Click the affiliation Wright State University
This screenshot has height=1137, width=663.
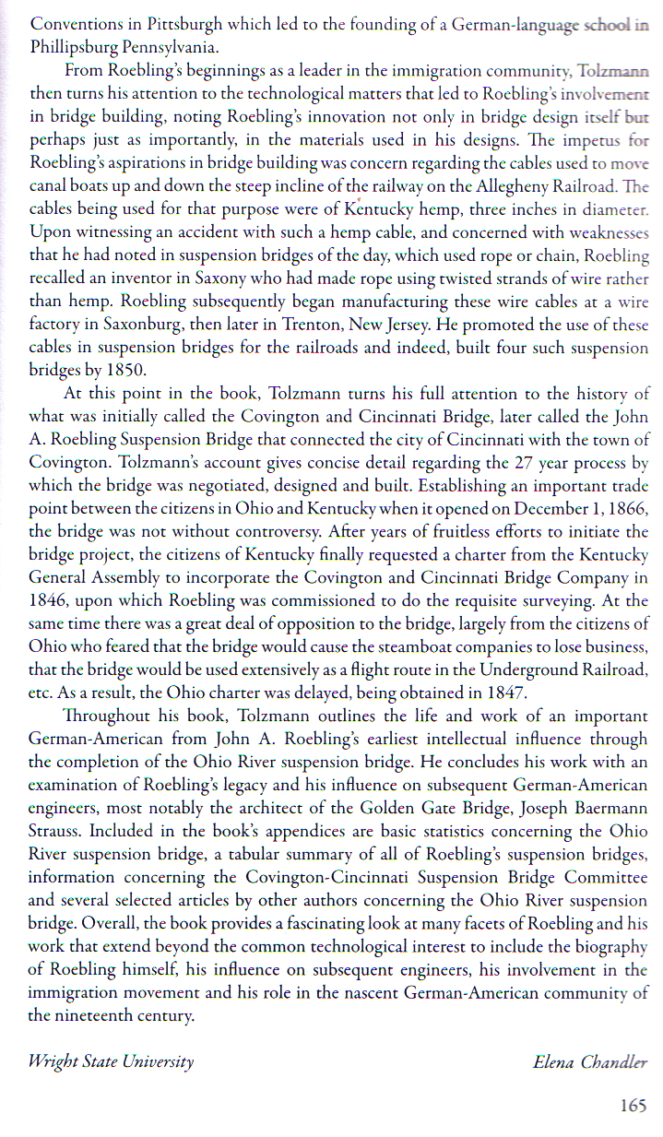tap(112, 1061)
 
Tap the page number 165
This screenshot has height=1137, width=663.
tap(633, 1105)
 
